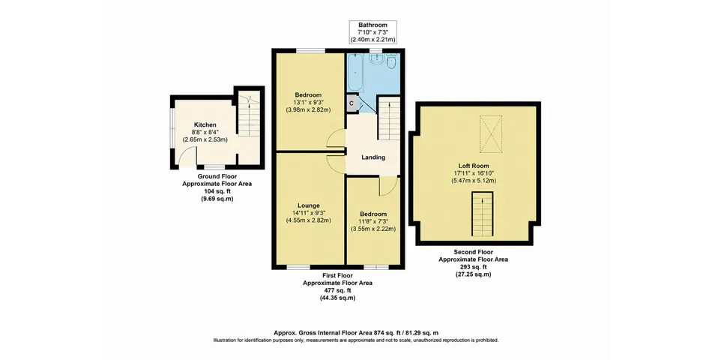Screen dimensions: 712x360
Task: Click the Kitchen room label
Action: tap(205, 124)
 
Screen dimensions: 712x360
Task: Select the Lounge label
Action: tap(309, 205)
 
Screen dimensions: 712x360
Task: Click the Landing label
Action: tap(373, 157)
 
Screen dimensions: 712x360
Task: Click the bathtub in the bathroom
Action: tap(355, 73)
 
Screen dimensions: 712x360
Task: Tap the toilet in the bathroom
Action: tap(392, 62)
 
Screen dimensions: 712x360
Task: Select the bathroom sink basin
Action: tap(376, 59)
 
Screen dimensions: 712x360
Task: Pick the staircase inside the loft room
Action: tap(482, 214)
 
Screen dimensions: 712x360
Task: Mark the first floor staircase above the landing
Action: tap(388, 119)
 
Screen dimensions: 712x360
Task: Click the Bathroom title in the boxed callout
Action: tap(372, 25)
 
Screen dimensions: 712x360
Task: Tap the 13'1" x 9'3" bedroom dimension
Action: tap(308, 102)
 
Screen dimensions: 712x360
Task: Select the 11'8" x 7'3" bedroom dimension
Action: tap(373, 221)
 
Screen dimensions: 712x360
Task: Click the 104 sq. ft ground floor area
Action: tap(217, 191)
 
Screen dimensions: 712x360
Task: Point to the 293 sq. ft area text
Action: tap(473, 267)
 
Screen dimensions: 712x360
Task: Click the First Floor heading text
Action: tap(337, 275)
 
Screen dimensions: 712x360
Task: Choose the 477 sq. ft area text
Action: tap(337, 290)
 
